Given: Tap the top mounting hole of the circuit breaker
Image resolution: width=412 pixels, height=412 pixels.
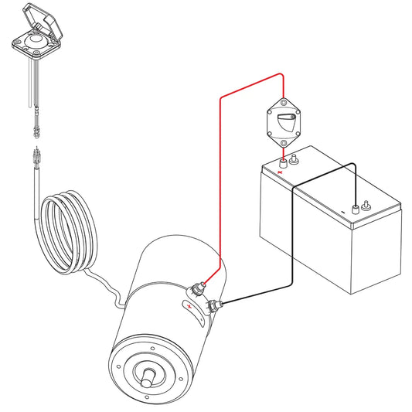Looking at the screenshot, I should (284, 101).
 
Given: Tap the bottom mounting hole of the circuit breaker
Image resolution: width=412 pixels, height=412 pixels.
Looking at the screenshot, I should (284, 143).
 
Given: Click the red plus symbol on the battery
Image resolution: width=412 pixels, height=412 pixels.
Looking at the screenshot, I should (281, 172).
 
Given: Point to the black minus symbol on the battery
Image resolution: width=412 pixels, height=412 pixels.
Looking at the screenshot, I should (343, 212).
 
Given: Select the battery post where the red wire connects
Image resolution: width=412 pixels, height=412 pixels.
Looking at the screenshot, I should (283, 163).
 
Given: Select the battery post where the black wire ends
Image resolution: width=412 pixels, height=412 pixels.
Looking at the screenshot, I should (355, 207).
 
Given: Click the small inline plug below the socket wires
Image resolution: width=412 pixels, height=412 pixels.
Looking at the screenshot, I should (36, 121).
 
